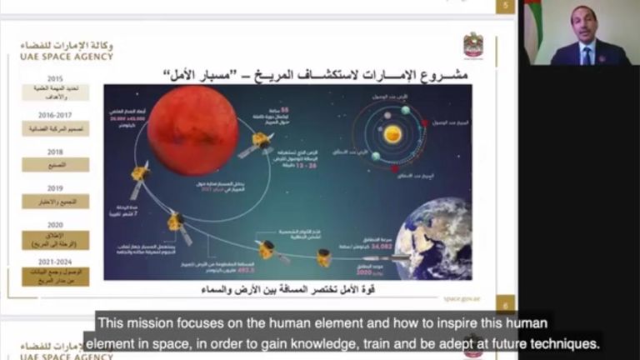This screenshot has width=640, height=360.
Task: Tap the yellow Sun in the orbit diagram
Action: [392, 133]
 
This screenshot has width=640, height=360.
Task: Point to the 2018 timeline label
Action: [56, 152]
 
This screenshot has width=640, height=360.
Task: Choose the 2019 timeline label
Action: [56, 188]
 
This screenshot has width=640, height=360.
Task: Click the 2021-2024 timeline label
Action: [56, 260]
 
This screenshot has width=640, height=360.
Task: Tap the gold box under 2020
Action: [56, 237]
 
